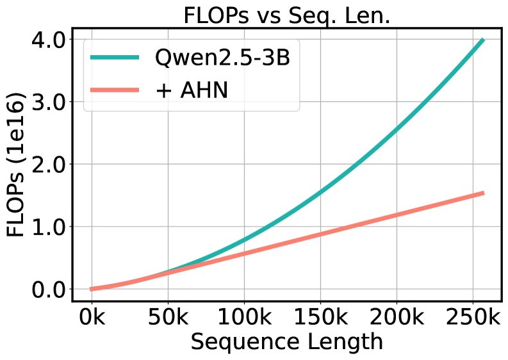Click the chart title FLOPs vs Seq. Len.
(x=286, y=15)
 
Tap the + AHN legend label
(x=192, y=90)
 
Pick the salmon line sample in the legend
(x=115, y=90)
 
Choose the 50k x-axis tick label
(x=167, y=318)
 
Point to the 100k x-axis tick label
(x=243, y=318)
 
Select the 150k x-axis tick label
(x=320, y=318)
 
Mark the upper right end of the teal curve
(x=483, y=40)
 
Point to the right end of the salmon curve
(x=483, y=193)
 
